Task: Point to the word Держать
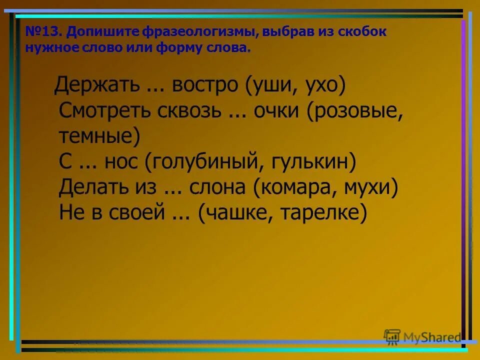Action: (x=97, y=85)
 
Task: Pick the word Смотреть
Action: (x=108, y=111)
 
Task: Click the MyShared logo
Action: (x=422, y=337)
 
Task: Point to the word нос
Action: (x=121, y=162)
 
